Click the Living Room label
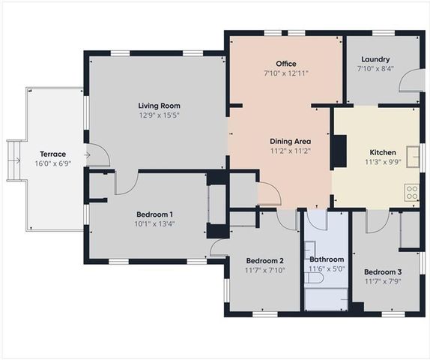tap(159, 106)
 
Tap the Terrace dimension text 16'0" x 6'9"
tap(52, 163)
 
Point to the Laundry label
tap(375, 59)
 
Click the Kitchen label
tap(383, 151)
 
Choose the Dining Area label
tap(291, 140)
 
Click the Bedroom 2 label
tap(264, 260)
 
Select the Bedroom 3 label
tap(383, 271)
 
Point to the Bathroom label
tap(326, 259)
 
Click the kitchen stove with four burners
tap(411, 192)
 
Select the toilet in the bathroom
tap(315, 277)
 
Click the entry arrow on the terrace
tap(88, 155)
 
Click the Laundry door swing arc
tap(409, 80)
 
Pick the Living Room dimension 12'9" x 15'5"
tap(159, 115)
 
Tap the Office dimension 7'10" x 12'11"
tap(285, 73)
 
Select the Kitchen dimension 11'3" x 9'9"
tap(383, 161)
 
